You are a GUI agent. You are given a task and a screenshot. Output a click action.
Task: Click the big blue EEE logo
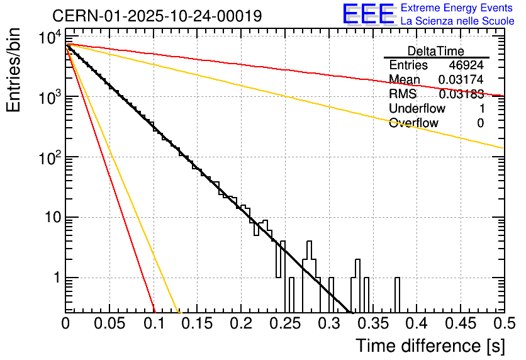368,14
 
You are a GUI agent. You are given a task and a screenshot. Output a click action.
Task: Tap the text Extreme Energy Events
457,8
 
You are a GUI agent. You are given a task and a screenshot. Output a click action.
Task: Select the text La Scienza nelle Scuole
457,21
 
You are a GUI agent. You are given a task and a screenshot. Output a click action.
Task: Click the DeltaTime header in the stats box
436,51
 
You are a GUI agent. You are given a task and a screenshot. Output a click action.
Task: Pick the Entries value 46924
466,65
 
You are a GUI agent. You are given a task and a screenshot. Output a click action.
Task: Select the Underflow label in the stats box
417,109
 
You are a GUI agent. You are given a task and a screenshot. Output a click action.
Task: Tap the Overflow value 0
480,123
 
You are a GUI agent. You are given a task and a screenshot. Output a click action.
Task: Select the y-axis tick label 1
55,278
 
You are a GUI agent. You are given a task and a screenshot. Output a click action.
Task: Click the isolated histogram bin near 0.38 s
397,294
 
